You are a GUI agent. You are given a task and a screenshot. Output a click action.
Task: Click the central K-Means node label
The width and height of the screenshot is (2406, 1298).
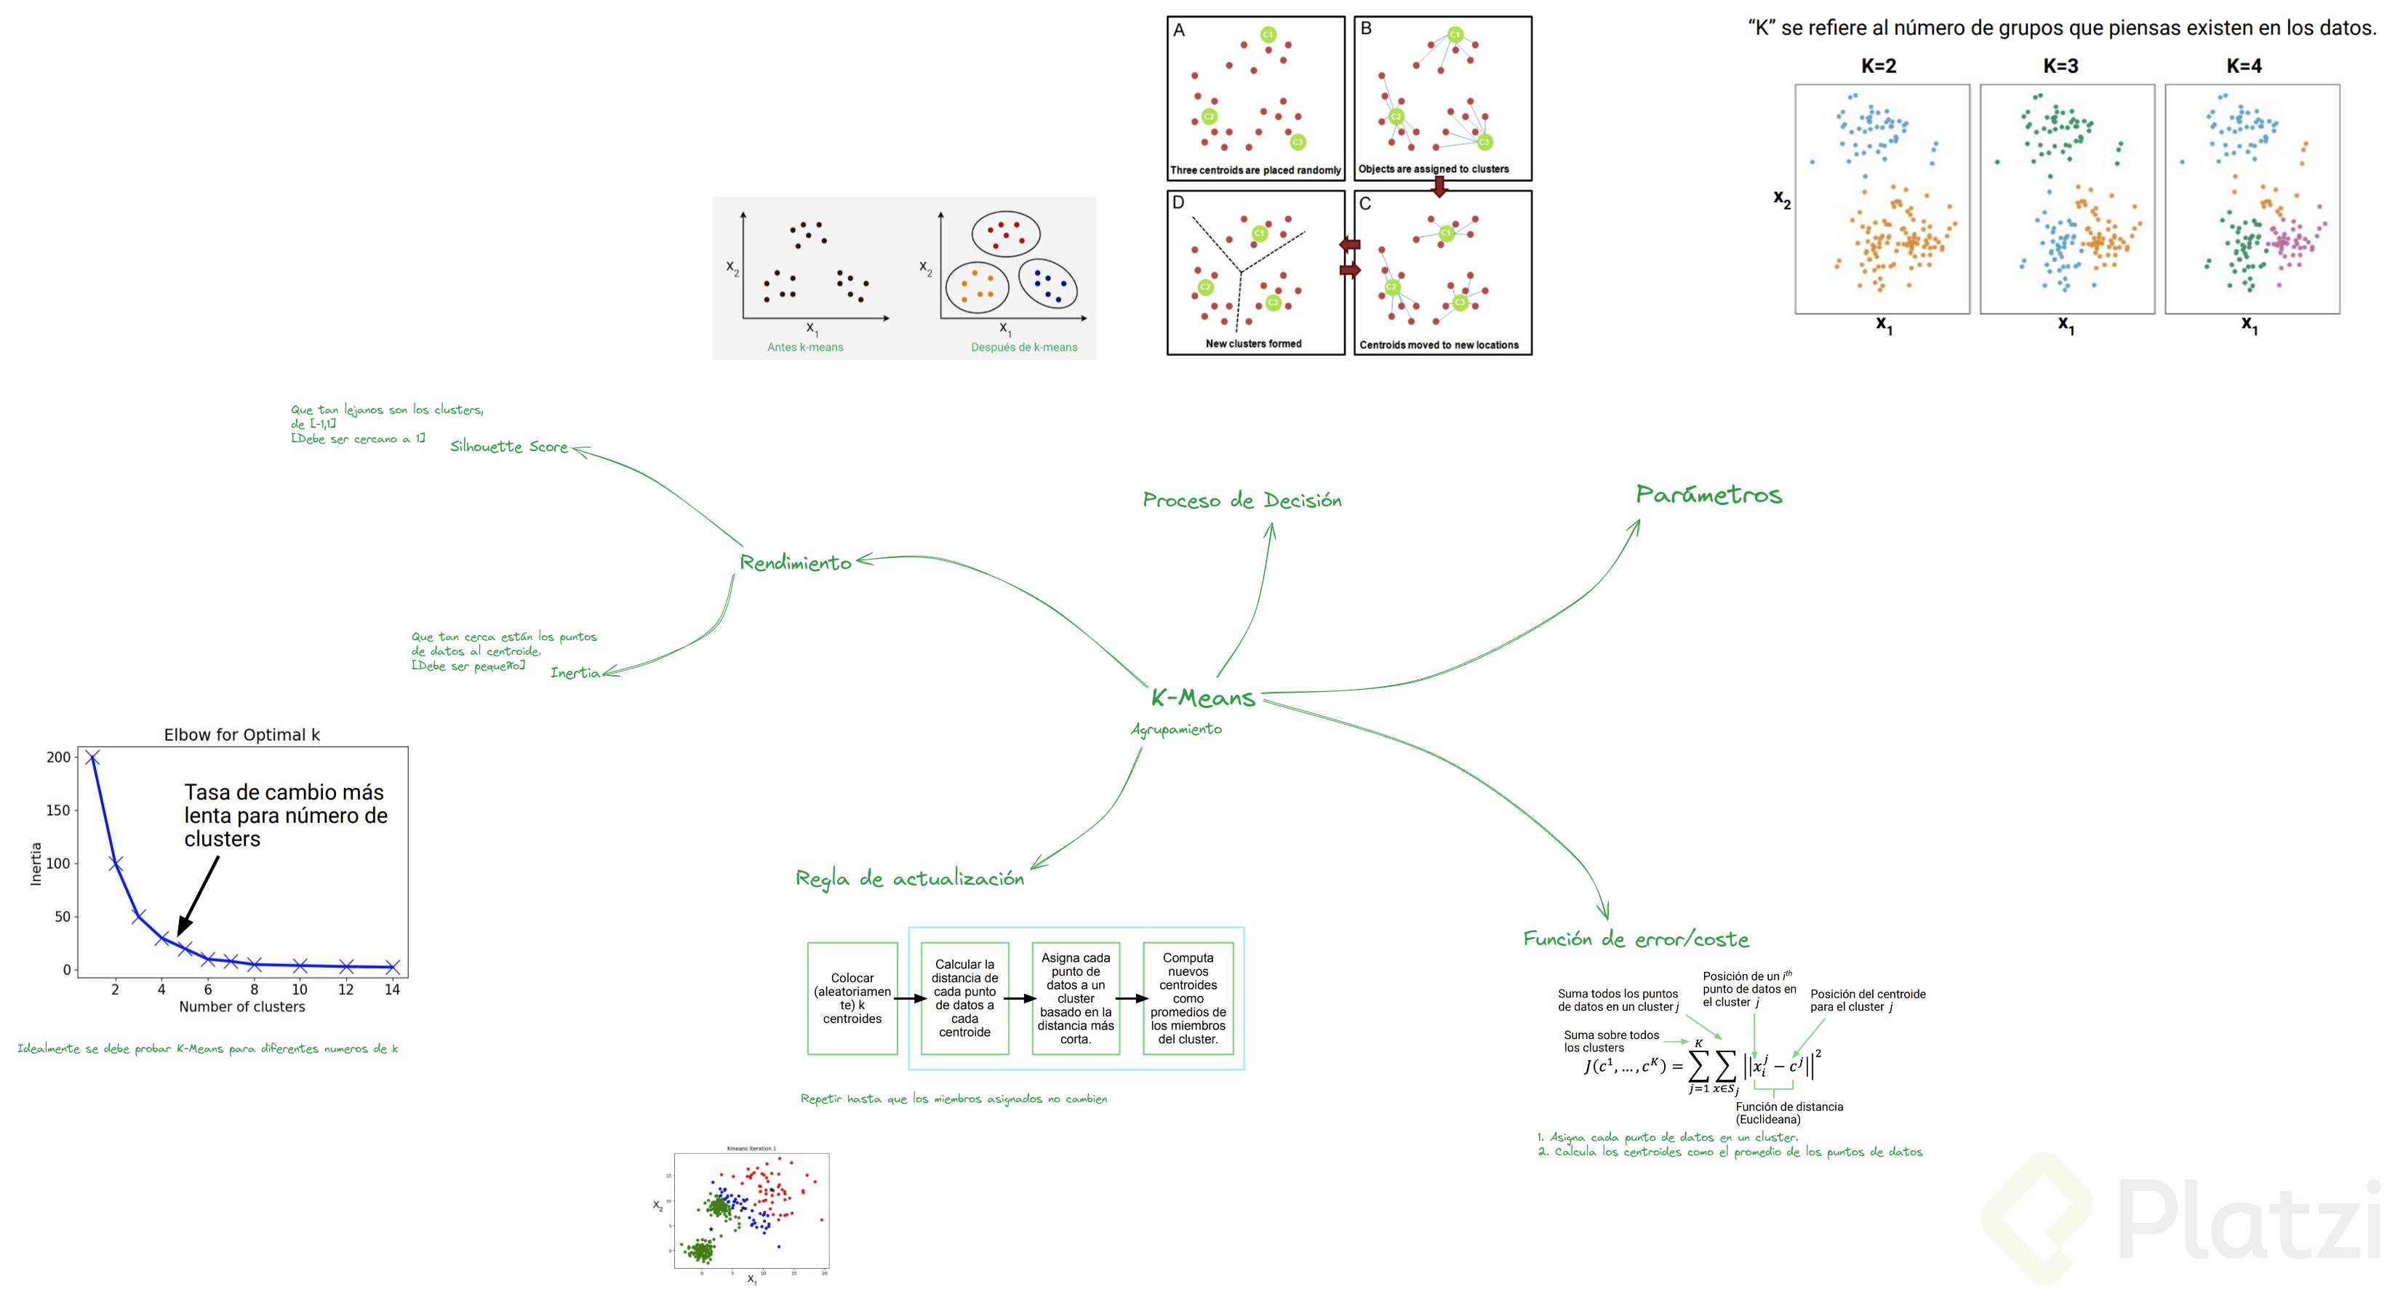(1202, 698)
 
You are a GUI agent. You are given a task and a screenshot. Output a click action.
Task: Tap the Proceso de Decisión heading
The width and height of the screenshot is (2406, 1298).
(1242, 501)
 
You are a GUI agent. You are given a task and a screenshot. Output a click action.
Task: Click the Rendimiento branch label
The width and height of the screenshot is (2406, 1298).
(795, 562)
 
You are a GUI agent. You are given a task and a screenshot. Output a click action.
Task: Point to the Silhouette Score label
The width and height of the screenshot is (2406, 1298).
(509, 447)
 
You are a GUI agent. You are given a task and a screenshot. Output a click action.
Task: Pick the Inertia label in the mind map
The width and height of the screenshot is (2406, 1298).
(575, 673)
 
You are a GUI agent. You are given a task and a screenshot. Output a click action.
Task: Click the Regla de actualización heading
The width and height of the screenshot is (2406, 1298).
(908, 878)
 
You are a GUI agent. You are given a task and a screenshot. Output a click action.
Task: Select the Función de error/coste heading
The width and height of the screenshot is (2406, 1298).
(1636, 939)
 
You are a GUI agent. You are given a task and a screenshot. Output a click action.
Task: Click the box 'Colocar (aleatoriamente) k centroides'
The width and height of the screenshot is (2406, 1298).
(852, 998)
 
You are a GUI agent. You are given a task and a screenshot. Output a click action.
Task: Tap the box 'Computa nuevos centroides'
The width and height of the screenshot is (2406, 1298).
(1187, 998)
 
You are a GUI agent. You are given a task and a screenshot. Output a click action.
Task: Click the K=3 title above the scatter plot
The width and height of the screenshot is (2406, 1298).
(2061, 66)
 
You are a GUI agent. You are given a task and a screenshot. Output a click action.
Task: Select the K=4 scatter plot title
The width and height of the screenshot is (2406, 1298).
(2244, 66)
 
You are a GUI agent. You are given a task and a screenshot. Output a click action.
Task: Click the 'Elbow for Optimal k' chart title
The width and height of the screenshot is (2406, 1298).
(242, 735)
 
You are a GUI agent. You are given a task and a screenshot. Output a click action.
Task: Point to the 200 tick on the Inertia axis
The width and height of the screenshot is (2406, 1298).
(58, 757)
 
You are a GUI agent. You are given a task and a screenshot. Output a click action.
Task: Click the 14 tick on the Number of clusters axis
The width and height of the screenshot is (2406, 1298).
(392, 990)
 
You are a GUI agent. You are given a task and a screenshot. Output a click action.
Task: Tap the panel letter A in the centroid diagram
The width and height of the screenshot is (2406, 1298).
(1179, 31)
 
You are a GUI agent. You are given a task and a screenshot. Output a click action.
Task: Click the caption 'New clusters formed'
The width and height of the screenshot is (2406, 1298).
(1253, 344)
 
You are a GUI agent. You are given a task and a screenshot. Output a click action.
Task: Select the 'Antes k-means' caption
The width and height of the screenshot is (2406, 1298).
(805, 347)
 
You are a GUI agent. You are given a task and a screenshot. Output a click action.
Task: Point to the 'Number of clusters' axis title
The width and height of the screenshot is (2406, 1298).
(242, 1006)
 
